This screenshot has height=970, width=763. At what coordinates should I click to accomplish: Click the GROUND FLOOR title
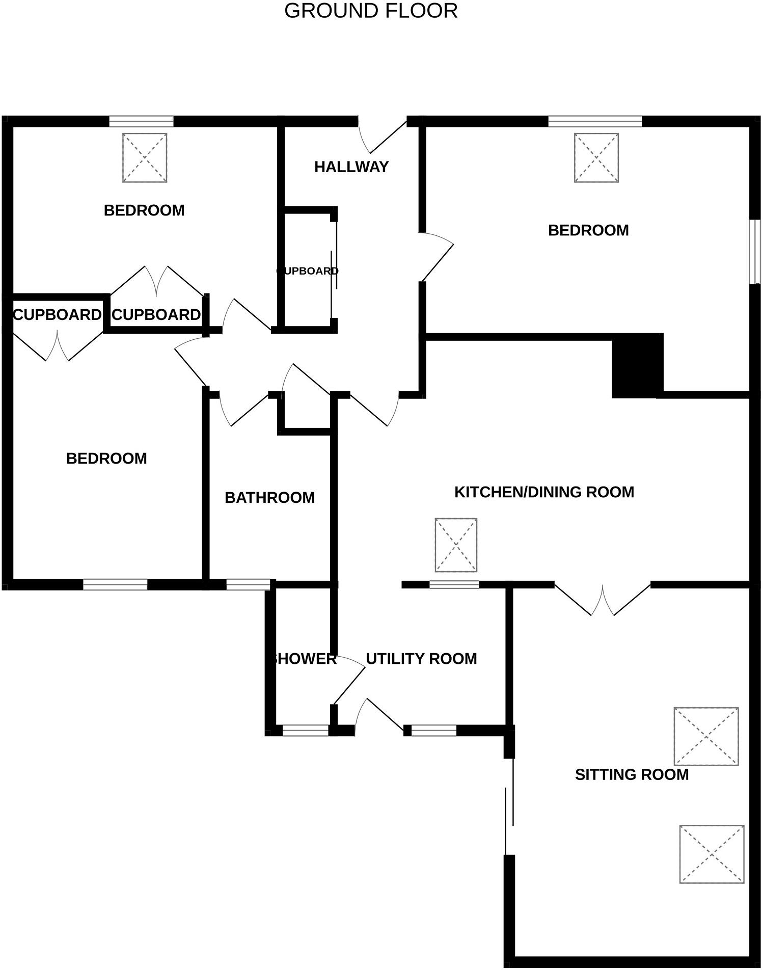click(x=371, y=11)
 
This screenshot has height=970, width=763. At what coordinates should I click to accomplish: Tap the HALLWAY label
click(x=351, y=167)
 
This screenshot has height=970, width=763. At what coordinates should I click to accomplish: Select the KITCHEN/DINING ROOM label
click(x=544, y=492)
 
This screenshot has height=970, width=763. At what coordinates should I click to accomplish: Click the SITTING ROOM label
click(x=632, y=774)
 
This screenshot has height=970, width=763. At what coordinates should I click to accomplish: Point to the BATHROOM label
click(x=269, y=497)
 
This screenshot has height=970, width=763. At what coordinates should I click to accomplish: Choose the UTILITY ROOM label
click(x=421, y=658)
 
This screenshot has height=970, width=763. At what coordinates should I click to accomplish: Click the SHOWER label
click(x=304, y=659)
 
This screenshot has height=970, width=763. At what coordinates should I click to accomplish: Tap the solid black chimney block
click(x=637, y=365)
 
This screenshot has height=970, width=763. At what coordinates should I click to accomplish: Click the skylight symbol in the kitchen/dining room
click(x=456, y=545)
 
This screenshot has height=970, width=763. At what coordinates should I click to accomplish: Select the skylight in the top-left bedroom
click(x=145, y=157)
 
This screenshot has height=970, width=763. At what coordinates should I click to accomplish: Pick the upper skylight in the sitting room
click(x=706, y=736)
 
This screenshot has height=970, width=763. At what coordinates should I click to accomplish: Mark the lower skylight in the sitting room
click(x=712, y=854)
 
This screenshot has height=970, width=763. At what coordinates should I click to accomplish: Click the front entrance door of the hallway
click(x=382, y=135)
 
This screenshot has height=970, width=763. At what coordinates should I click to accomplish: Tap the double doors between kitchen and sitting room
click(x=603, y=600)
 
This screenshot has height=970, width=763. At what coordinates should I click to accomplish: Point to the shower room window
click(x=306, y=730)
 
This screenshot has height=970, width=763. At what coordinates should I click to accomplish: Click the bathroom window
click(x=248, y=585)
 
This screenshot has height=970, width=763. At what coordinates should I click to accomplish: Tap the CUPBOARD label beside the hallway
click(x=308, y=271)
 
